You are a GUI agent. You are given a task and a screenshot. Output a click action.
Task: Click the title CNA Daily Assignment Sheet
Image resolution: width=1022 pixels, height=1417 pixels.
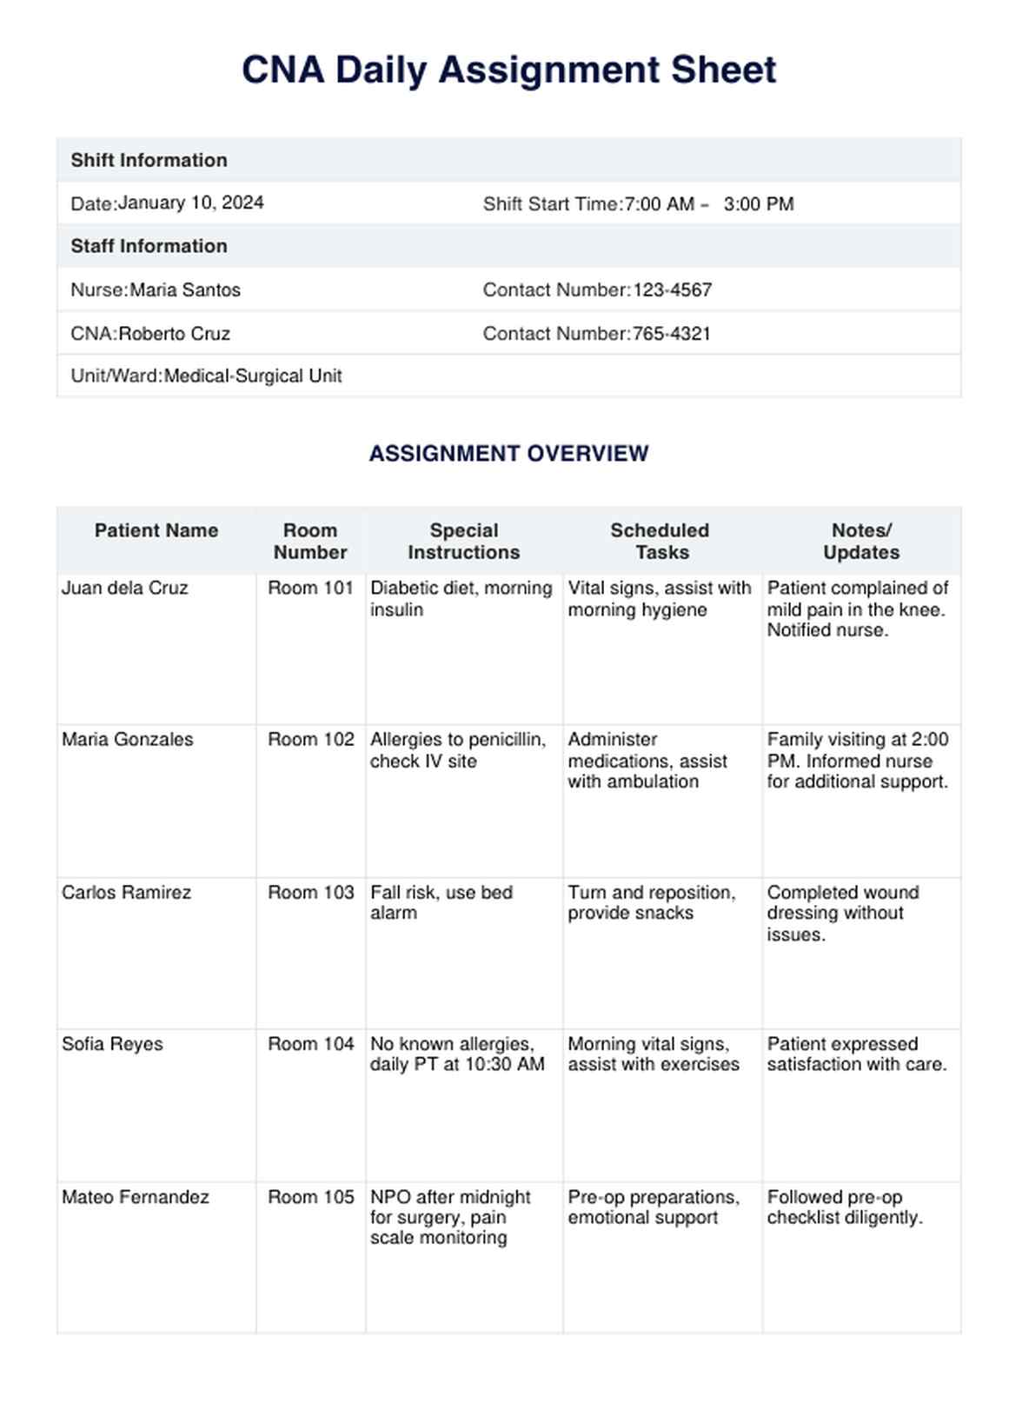click(x=508, y=70)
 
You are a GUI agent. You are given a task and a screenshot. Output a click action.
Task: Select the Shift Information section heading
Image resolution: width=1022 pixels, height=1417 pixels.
click(x=149, y=160)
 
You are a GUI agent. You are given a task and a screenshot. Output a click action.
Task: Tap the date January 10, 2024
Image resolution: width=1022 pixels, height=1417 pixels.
click(x=190, y=203)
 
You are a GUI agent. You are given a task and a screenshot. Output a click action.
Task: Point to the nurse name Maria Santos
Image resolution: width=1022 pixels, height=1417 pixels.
click(x=185, y=289)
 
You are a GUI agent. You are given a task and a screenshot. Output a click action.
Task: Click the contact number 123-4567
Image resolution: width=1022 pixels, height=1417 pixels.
click(x=672, y=289)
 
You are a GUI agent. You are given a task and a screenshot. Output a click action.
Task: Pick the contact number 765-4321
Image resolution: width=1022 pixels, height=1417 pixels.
click(x=671, y=333)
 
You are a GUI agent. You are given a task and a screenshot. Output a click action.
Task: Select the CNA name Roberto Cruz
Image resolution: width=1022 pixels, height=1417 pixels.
click(x=174, y=333)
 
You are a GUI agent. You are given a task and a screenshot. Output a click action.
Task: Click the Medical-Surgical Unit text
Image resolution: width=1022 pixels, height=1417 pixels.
click(x=253, y=376)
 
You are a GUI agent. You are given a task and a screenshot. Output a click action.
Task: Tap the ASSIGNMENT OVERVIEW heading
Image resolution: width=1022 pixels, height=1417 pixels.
click(x=508, y=453)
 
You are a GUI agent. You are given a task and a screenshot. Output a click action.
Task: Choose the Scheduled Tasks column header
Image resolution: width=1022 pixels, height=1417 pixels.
click(x=660, y=541)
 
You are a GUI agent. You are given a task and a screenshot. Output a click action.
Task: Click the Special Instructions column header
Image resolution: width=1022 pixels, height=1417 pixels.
click(x=463, y=541)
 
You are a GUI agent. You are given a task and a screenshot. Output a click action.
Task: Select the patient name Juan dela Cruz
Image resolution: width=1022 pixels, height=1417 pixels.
click(x=124, y=588)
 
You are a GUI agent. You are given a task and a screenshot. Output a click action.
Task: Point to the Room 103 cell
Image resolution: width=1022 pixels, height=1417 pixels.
click(x=310, y=892)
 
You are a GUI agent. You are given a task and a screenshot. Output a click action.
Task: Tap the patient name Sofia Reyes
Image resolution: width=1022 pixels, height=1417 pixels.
click(x=112, y=1043)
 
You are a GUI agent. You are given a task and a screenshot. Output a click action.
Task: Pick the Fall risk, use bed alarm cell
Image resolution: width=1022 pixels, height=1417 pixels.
click(x=441, y=902)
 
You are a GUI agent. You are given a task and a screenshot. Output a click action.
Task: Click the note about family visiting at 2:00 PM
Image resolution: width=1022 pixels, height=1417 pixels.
click(x=857, y=760)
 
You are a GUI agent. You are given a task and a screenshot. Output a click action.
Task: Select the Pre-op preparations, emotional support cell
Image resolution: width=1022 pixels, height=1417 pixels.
click(x=654, y=1207)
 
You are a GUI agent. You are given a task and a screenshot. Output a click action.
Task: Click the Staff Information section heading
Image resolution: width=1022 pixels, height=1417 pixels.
click(x=149, y=246)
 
